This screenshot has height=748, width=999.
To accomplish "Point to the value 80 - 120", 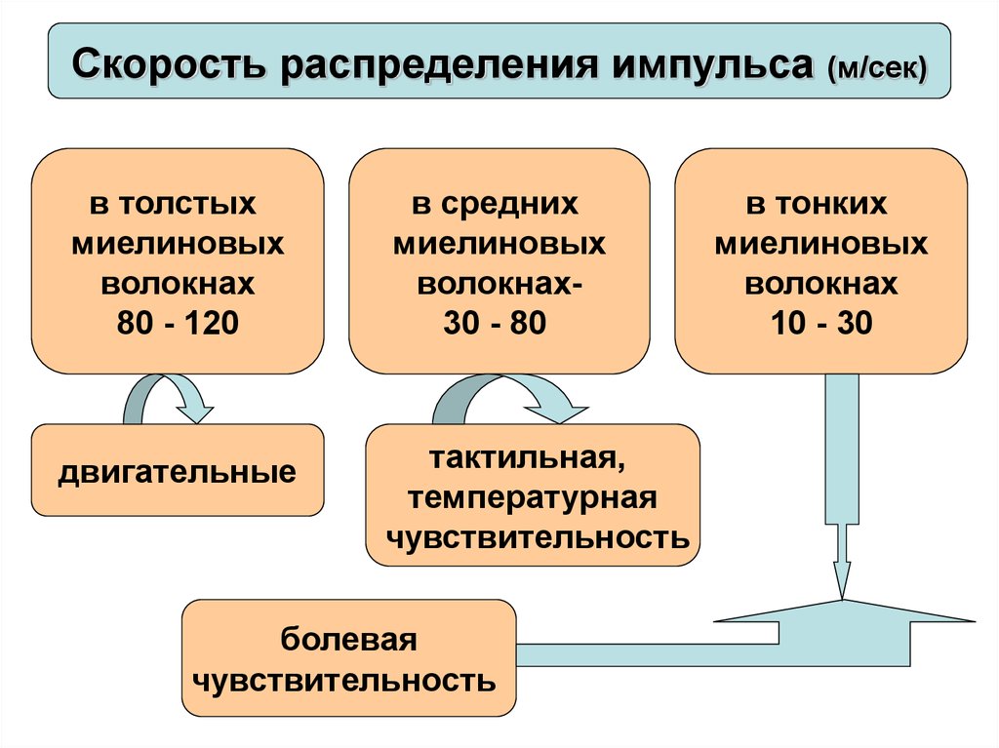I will (177, 323).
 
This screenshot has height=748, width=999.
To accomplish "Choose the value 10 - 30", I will (820, 323).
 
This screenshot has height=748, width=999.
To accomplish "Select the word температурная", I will (533, 497).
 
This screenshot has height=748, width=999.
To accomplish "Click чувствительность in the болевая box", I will (347, 680).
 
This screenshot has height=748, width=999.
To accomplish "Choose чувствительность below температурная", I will (533, 537).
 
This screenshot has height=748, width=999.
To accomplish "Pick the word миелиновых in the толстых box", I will (178, 244).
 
